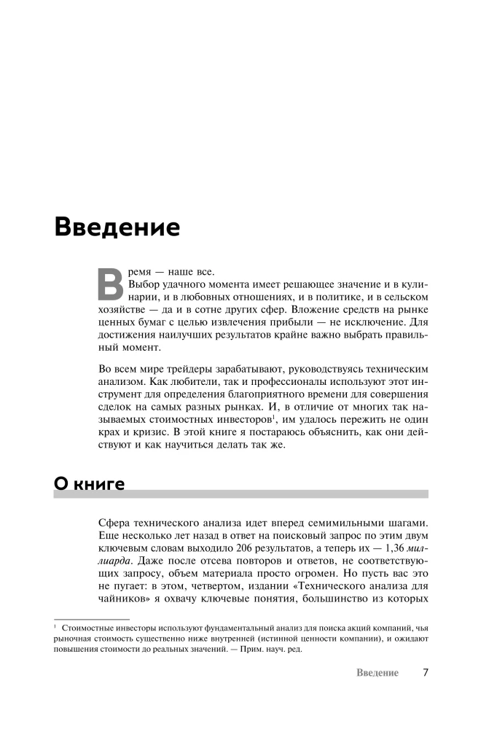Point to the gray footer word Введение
(377, 673)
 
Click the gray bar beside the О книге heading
(277, 494)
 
